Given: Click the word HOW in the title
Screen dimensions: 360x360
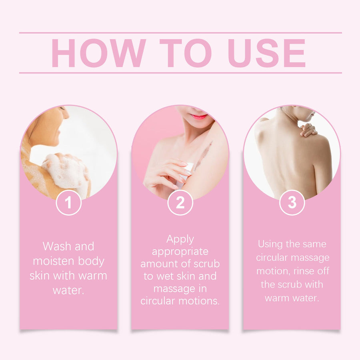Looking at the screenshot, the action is [99, 53].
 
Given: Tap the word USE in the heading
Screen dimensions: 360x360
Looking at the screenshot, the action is [266, 53].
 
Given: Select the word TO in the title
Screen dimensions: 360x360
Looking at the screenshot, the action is [185, 53].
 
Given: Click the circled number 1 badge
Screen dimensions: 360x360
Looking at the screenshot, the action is [68, 202].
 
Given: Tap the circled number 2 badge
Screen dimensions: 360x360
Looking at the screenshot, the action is [180, 202].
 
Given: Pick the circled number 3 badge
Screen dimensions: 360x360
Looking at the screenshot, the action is [292, 202].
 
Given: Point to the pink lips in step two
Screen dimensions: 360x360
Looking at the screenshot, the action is [198, 117].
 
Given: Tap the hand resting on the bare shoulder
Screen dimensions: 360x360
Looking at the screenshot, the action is [308, 130].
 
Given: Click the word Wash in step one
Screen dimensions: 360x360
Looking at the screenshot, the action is [57, 246].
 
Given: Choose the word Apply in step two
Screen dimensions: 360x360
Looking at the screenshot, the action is [180, 240].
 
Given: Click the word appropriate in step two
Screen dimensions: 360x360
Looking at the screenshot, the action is [180, 252].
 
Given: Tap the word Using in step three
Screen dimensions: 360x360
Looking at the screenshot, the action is [270, 244].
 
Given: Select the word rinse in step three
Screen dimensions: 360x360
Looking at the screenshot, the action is [304, 271].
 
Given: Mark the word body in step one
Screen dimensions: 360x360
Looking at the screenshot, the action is [91, 262].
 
